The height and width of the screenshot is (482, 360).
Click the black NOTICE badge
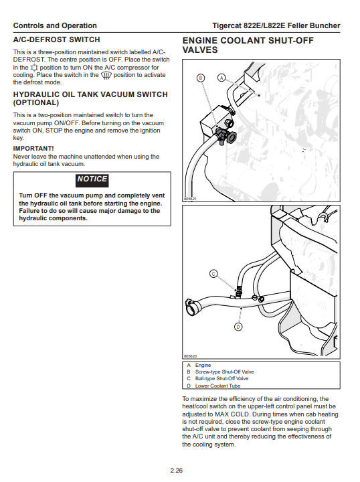tap(92, 180)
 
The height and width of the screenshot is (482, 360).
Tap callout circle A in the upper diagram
tap(221, 78)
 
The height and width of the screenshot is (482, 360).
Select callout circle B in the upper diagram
tap(201, 78)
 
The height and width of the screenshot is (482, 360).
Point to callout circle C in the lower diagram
tap(213, 274)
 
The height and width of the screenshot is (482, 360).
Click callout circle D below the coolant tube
tap(238, 327)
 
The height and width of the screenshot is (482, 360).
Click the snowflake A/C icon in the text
tap(34, 68)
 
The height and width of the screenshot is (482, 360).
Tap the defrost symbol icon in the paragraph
tap(106, 75)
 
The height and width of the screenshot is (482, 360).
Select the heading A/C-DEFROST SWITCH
tap(56, 39)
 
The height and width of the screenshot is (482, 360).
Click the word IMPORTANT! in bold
tap(33, 149)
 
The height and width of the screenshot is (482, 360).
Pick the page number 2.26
tap(177, 471)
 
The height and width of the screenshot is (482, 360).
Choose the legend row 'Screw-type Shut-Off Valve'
tap(225, 372)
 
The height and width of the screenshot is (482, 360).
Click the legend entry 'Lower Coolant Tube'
tap(217, 386)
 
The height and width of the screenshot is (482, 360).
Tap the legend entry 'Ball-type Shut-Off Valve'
tap(221, 378)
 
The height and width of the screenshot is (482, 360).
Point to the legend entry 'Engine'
tap(203, 366)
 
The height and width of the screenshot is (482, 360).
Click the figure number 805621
tap(190, 199)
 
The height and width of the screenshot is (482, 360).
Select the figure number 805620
tap(190, 356)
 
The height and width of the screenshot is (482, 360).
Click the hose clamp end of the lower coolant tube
tap(192, 307)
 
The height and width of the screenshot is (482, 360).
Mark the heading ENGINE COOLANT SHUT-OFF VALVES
tap(248, 46)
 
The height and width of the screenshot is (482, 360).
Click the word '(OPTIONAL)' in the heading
tap(36, 102)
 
